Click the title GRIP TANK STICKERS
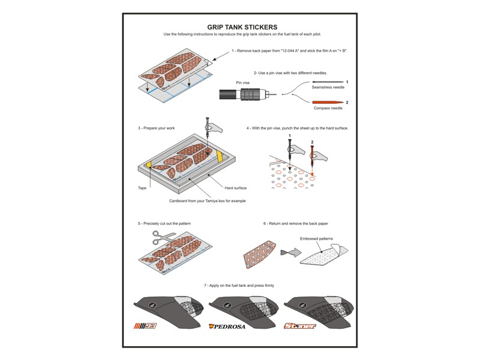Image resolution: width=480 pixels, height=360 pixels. (242, 27)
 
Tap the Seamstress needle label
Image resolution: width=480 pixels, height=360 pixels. (327, 87)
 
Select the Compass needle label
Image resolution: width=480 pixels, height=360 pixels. (327, 109)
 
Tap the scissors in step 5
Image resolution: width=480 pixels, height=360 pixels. (160, 239)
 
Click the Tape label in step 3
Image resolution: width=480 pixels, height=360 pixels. (142, 188)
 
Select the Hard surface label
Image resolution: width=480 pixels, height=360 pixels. (235, 188)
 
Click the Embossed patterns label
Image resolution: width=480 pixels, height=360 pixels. (316, 238)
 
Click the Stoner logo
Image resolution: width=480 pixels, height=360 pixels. (299, 327)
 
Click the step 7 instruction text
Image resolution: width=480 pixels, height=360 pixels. (240, 285)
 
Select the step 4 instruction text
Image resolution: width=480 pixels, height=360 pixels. (297, 128)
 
